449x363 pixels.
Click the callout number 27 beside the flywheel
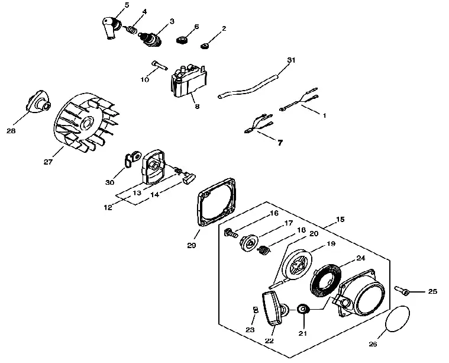(x=48, y=162)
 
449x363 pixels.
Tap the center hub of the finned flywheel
(x=86, y=123)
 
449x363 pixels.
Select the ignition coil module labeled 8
(x=189, y=82)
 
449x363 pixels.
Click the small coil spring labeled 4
(x=131, y=30)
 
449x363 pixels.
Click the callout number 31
(x=291, y=60)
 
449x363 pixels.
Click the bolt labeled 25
(x=402, y=290)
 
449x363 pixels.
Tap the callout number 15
(x=340, y=219)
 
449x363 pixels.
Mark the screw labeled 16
(x=231, y=232)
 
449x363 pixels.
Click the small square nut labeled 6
(x=182, y=40)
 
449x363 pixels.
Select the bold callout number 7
(x=280, y=142)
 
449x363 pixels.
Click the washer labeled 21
(x=303, y=310)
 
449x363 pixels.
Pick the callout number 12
(x=108, y=207)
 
